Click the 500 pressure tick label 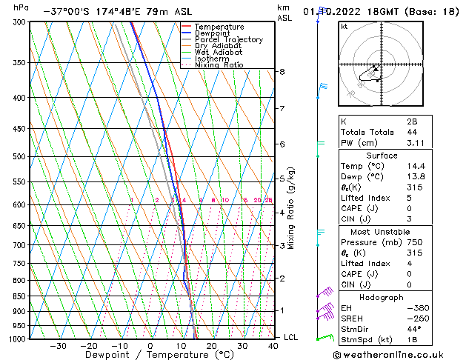point(19,157)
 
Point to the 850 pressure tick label point(19,296)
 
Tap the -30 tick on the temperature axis point(58,345)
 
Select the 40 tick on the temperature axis point(273,345)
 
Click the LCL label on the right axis point(290,338)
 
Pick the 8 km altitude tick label point(282,72)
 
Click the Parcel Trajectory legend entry point(228,40)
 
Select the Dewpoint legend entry point(213,33)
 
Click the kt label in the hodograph point(344,26)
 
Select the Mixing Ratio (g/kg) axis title point(291,208)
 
